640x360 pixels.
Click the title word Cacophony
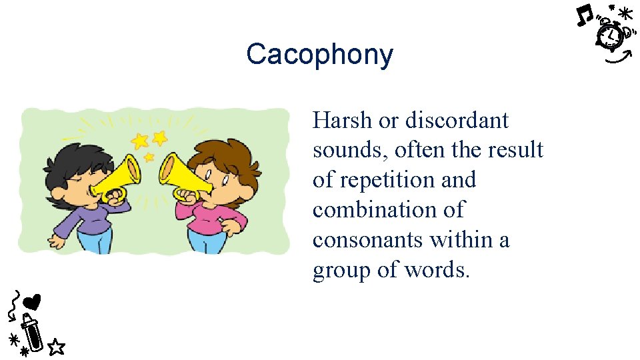point(319,55)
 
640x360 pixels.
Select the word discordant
point(457,121)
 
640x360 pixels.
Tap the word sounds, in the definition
point(351,150)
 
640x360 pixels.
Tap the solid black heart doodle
point(32,301)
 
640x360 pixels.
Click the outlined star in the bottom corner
point(57,346)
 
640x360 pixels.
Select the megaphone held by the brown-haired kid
point(183,176)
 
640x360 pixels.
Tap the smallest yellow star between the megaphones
point(149,157)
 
